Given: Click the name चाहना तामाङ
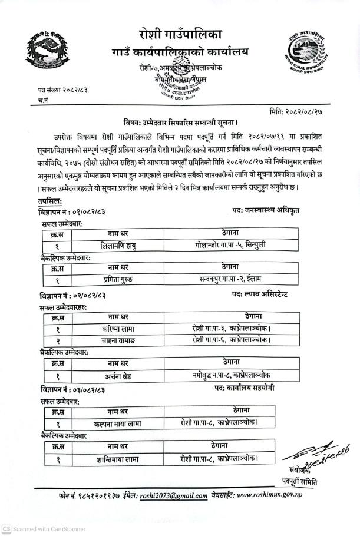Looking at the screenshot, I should [x=122, y=341].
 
